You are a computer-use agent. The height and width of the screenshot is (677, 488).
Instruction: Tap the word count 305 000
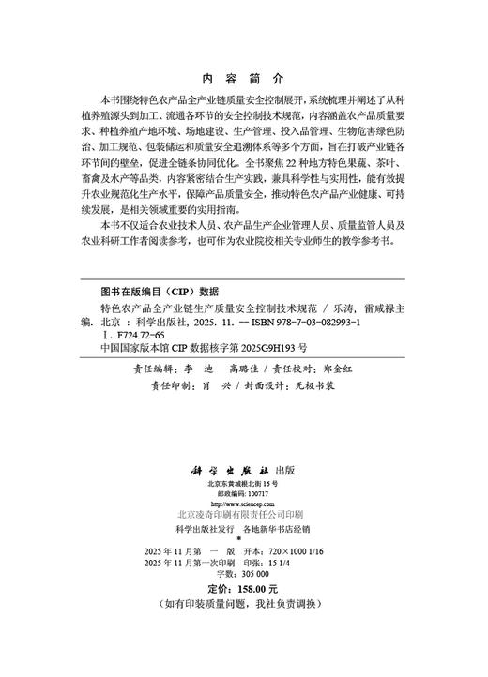tap(250, 598)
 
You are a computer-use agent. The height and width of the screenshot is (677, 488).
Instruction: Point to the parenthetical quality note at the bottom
tap(243, 631)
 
